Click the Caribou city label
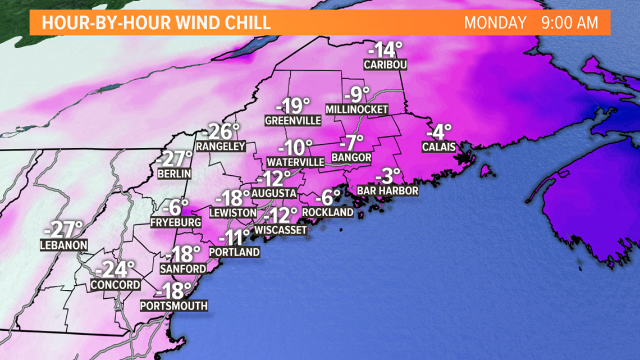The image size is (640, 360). point(385,65)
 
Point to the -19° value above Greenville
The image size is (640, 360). point(293,106)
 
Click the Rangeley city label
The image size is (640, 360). point(221,147)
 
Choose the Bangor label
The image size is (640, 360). point(351,157)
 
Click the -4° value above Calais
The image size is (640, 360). point(439,133)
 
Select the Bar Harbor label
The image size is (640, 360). point(387,191)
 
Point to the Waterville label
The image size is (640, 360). point(296,162)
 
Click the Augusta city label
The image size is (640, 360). point(273,193)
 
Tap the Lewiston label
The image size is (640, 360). point(232,213)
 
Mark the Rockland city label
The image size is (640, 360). point(328,212)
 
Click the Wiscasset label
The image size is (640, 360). point(281,230)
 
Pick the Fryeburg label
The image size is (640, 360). point(176,222)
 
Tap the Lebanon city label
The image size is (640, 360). point(64,245)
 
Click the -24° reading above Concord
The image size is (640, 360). point(115,270)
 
